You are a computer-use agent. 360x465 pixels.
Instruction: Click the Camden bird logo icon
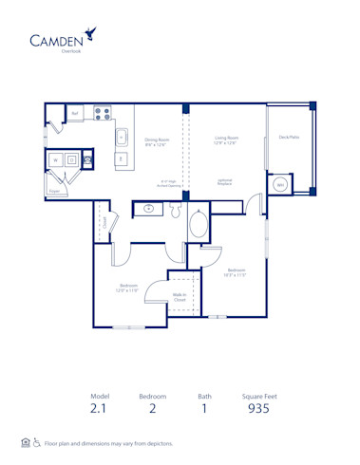(x=88, y=33)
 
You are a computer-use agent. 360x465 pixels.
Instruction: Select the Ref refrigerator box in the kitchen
(x=76, y=113)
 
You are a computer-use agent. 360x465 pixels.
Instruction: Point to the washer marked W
(x=56, y=160)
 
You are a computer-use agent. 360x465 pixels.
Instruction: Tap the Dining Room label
(x=157, y=140)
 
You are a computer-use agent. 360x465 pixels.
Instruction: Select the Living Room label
(x=226, y=140)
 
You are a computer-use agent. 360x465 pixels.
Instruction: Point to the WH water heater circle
(x=280, y=184)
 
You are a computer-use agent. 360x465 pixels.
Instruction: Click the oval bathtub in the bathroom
(x=199, y=224)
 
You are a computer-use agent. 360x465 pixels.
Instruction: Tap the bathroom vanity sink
(x=149, y=208)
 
